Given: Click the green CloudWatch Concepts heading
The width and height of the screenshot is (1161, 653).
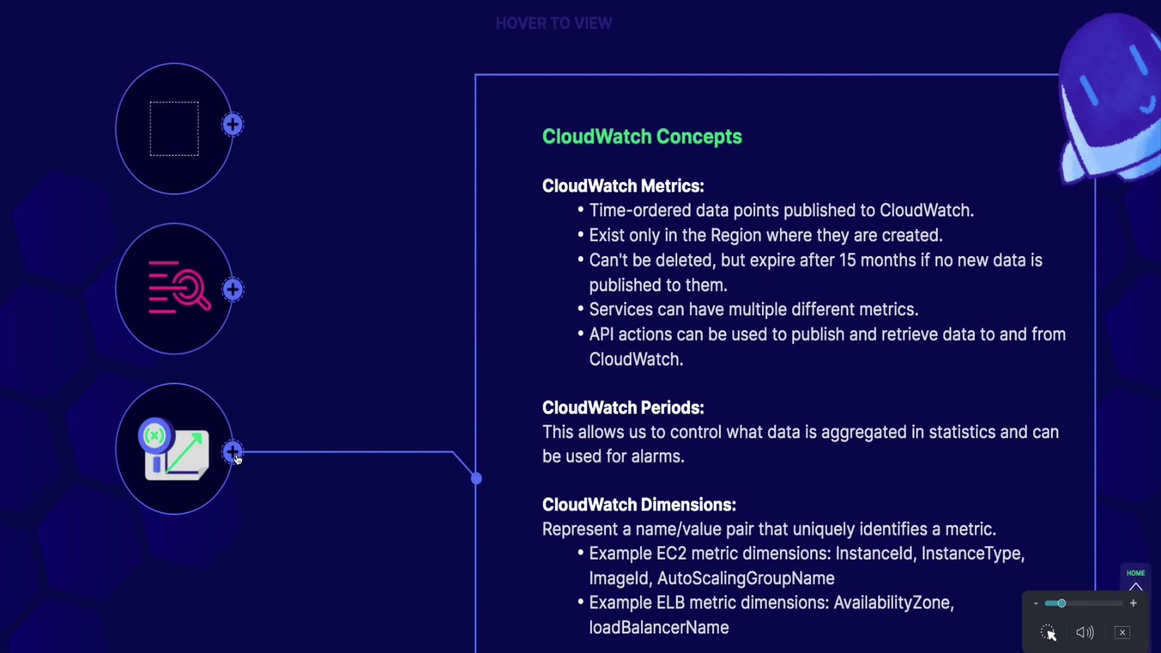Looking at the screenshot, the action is pyautogui.click(x=642, y=137).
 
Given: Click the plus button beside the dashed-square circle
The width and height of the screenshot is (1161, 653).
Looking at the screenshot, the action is pyautogui.click(x=233, y=125).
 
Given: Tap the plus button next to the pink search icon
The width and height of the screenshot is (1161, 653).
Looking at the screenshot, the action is pyautogui.click(x=233, y=290).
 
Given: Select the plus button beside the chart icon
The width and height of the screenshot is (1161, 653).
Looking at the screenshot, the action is pyautogui.click(x=232, y=451).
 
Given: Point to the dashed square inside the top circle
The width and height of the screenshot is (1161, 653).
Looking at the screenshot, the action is pyautogui.click(x=174, y=129).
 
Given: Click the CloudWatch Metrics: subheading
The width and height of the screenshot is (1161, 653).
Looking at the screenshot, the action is pyautogui.click(x=623, y=186).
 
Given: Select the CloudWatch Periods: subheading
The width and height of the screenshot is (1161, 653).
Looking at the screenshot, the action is pyautogui.click(x=623, y=408).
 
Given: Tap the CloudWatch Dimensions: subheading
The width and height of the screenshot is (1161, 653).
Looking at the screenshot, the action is pyautogui.click(x=639, y=505).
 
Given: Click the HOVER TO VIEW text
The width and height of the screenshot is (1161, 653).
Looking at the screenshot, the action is pyautogui.click(x=553, y=24).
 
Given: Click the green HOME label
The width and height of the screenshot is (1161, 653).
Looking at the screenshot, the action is pyautogui.click(x=1135, y=573).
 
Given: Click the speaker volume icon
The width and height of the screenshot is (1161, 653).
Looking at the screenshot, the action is pyautogui.click(x=1085, y=632).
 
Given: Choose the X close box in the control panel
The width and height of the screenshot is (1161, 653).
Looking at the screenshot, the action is pyautogui.click(x=1122, y=632).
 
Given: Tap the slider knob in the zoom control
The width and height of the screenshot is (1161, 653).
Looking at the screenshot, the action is pyautogui.click(x=1061, y=603).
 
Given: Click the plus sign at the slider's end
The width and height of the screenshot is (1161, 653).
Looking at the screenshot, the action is pyautogui.click(x=1133, y=603).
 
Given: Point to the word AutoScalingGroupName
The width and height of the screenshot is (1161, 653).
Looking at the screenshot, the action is pyautogui.click(x=746, y=579).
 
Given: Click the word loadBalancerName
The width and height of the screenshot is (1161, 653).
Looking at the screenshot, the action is pyautogui.click(x=659, y=628).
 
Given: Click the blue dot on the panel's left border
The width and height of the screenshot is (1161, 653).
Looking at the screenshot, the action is pyautogui.click(x=476, y=479).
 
